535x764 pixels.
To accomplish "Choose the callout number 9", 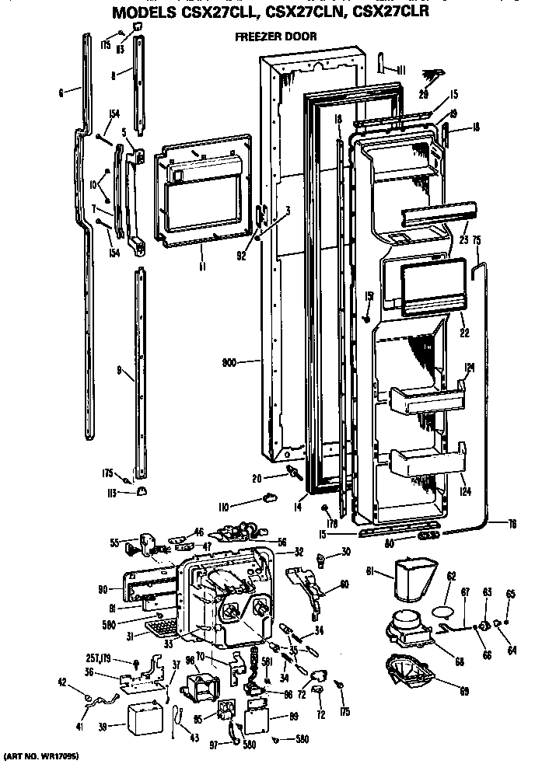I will click(x=121, y=372).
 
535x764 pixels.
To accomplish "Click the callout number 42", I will click(x=62, y=684).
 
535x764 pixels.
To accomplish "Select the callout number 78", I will click(x=512, y=522).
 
